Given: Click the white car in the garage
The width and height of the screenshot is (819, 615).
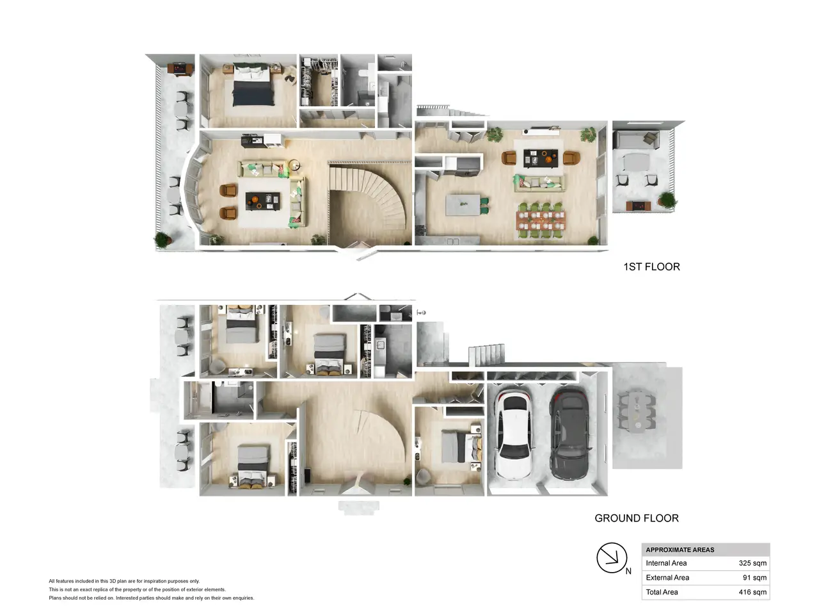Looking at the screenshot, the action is (515, 434).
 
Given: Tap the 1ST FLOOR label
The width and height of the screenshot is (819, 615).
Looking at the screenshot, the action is (651, 266).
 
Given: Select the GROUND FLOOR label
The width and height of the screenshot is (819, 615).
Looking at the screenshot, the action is (637, 518).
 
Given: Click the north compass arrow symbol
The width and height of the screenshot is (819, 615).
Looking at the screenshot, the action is (612, 557).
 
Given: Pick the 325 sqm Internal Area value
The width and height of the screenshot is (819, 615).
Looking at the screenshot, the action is (752, 562).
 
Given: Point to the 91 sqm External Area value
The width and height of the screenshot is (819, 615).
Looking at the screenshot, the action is (754, 577).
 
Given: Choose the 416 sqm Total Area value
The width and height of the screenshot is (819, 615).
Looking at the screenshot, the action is (752, 592).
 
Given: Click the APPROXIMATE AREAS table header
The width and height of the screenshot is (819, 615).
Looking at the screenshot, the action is (680, 550).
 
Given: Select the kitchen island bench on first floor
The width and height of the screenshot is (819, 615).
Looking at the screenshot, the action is (463, 204).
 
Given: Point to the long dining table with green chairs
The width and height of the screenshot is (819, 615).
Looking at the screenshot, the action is (541, 220).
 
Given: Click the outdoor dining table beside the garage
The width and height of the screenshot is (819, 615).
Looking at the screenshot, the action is (637, 411).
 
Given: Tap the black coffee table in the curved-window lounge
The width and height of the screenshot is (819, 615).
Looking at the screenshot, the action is (263, 201).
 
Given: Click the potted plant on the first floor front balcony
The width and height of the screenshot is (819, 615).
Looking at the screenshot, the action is (163, 240).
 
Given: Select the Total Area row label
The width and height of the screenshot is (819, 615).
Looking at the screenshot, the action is (662, 592).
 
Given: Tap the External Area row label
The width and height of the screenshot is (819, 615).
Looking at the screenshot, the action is (667, 577).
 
